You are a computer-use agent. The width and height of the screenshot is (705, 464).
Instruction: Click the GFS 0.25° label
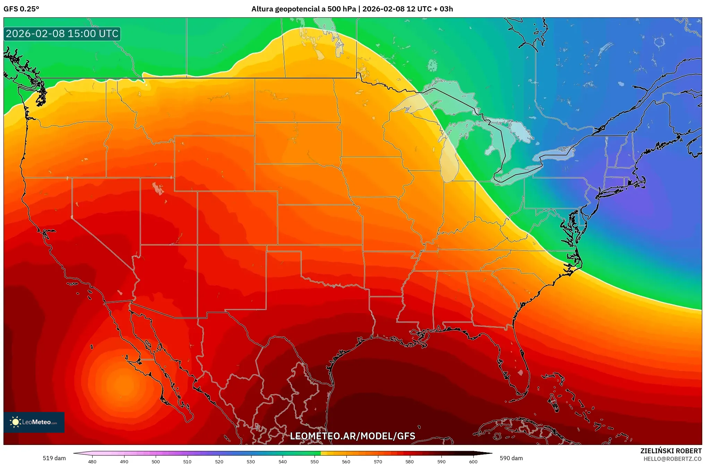pos(21,9)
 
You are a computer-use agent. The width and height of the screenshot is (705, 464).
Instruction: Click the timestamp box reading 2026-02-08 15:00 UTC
pos(62,34)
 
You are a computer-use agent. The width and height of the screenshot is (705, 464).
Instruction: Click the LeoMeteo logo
pos(34,422)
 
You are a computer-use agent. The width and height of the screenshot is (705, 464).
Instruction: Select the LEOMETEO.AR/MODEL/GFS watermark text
pos(352,436)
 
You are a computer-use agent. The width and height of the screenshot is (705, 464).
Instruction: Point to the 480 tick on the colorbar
pos(92,461)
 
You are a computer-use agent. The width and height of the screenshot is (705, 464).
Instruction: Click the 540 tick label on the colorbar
pos(282,461)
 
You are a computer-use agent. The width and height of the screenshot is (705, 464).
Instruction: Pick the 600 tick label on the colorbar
pos(473,461)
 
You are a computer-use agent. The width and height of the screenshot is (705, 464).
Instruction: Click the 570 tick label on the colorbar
pos(378,461)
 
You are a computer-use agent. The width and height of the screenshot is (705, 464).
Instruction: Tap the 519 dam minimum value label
pos(54,458)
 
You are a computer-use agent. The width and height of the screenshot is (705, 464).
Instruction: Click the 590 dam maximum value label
pos(511,458)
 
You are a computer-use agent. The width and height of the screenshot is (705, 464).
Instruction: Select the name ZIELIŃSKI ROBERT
pos(671,451)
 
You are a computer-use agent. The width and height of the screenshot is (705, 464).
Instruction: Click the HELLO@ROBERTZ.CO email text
pos(672,459)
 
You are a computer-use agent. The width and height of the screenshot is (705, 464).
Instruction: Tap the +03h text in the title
pos(446,9)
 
